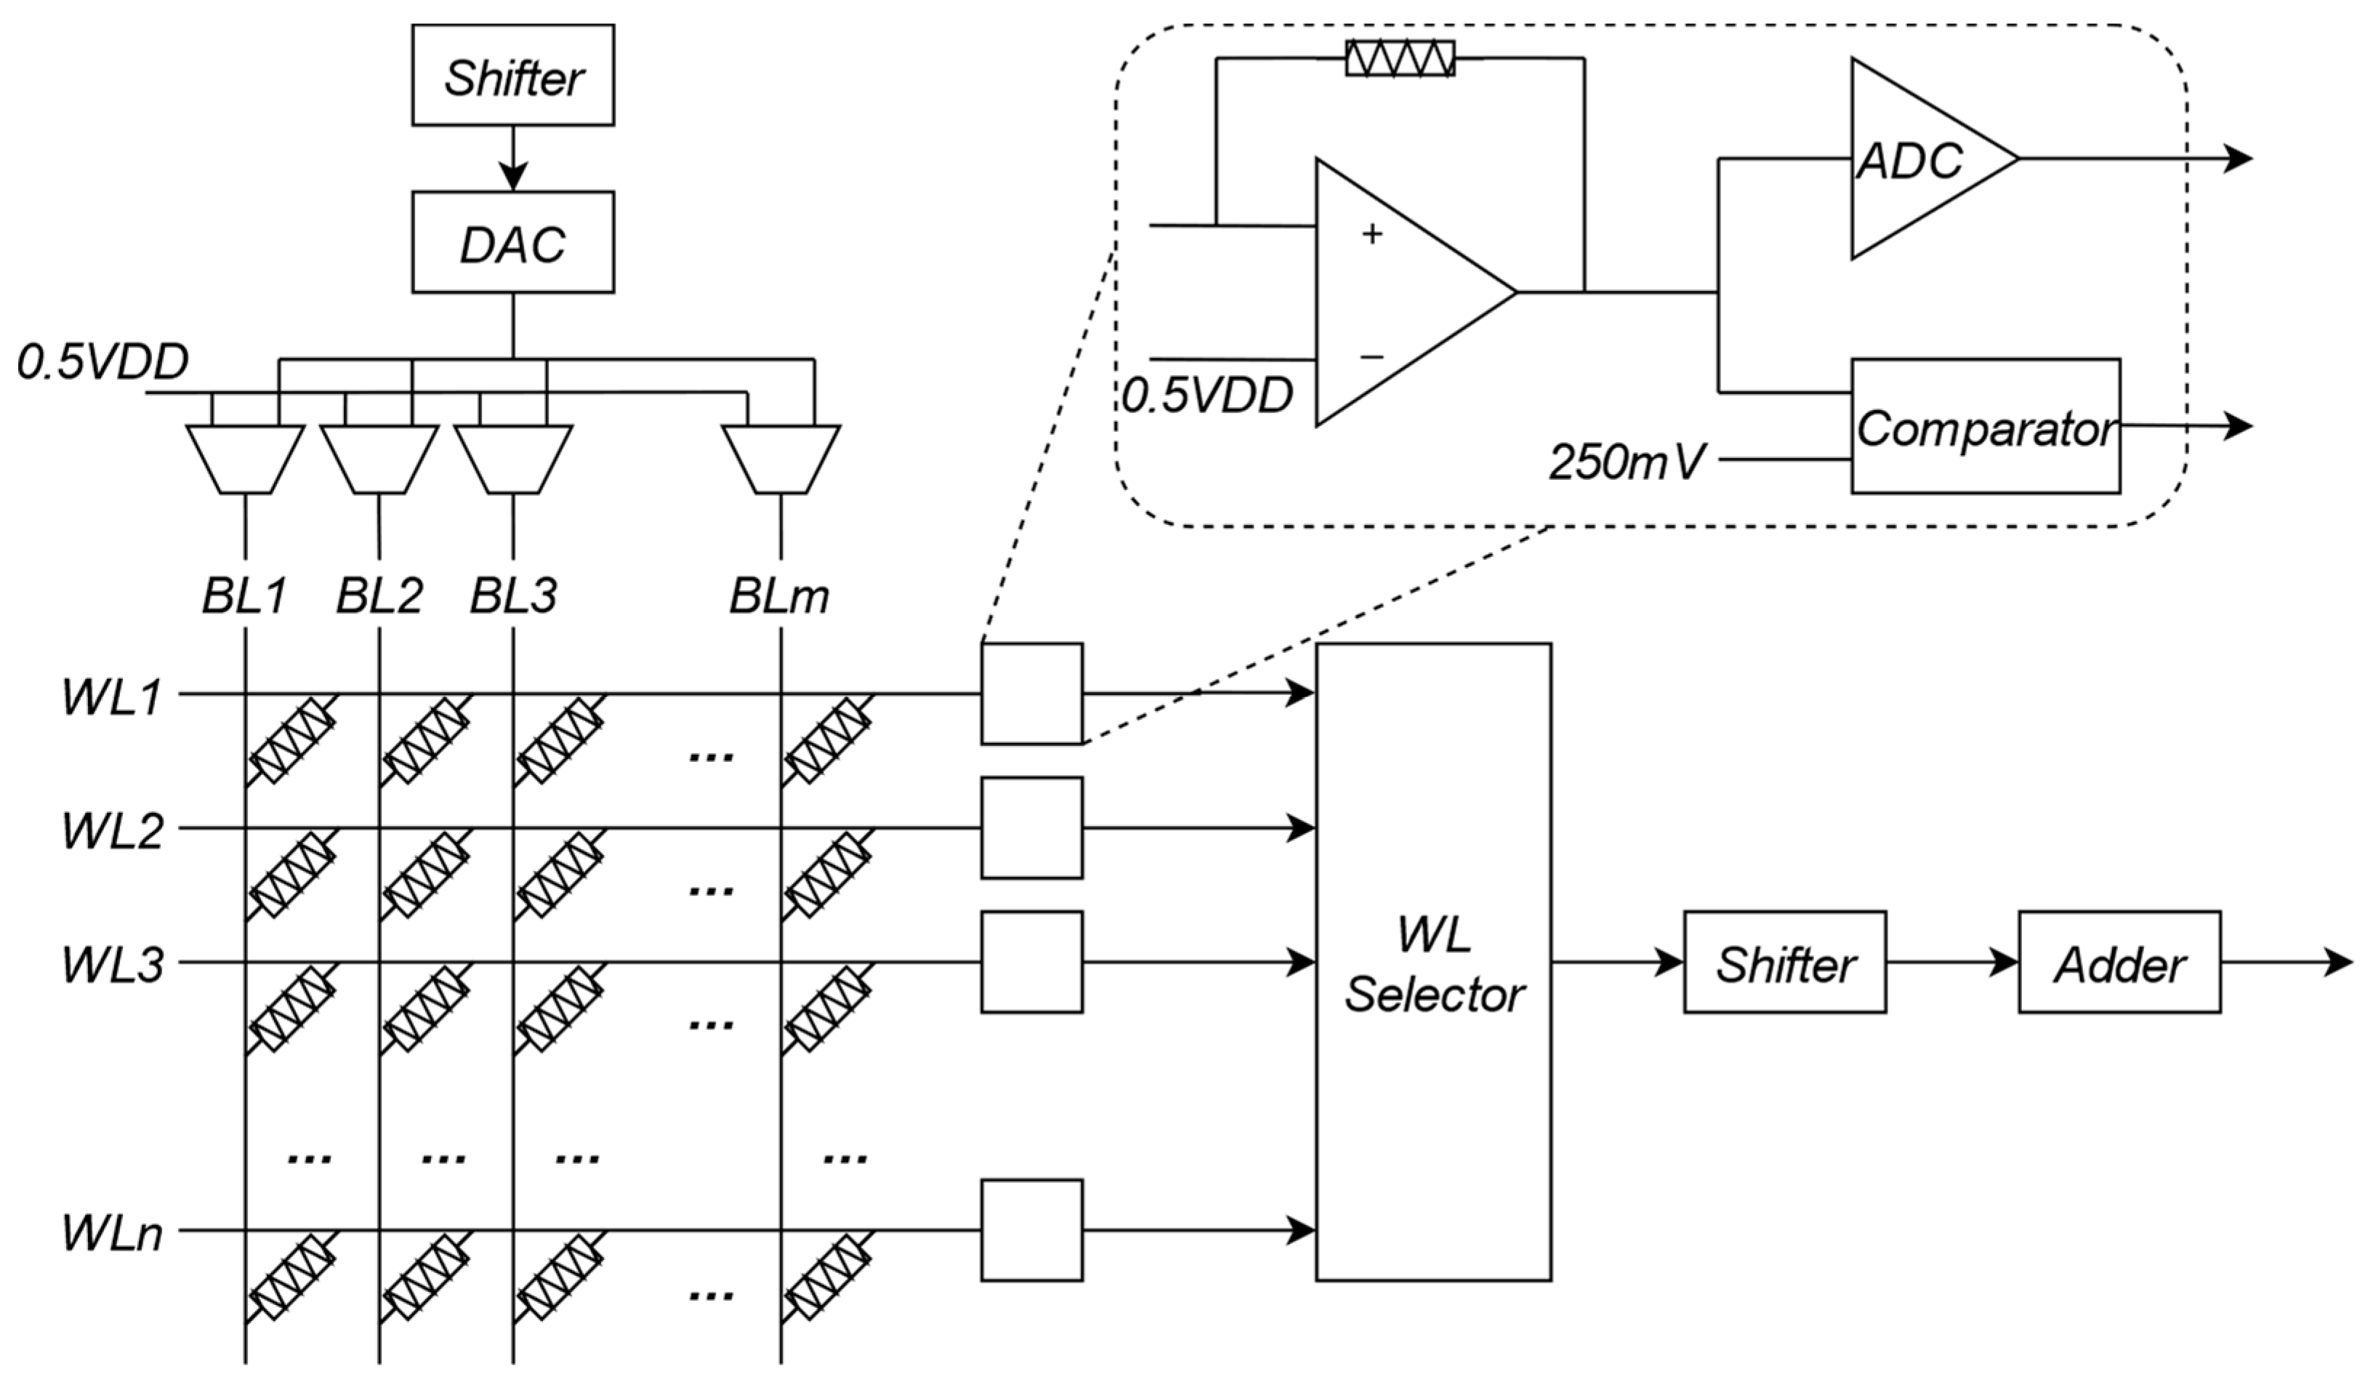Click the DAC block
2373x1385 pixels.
pos(513,242)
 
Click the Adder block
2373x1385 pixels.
pos(2119,962)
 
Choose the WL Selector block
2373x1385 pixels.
pos(1433,962)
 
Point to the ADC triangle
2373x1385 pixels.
pos(1921,158)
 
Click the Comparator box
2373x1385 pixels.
pos(1986,426)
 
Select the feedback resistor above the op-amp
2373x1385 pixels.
pos(1401,58)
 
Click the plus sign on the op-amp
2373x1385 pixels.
pos(1372,233)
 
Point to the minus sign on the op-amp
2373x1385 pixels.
pos(1372,357)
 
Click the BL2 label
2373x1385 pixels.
pos(379,595)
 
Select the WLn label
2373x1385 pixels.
pos(113,1233)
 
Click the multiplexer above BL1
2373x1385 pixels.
pos(245,459)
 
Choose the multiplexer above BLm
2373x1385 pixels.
pos(781,459)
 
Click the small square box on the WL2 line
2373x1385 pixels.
pos(1032,827)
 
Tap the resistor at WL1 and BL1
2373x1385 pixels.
pos(293,741)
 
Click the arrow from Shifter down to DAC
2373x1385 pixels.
pos(513,158)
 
